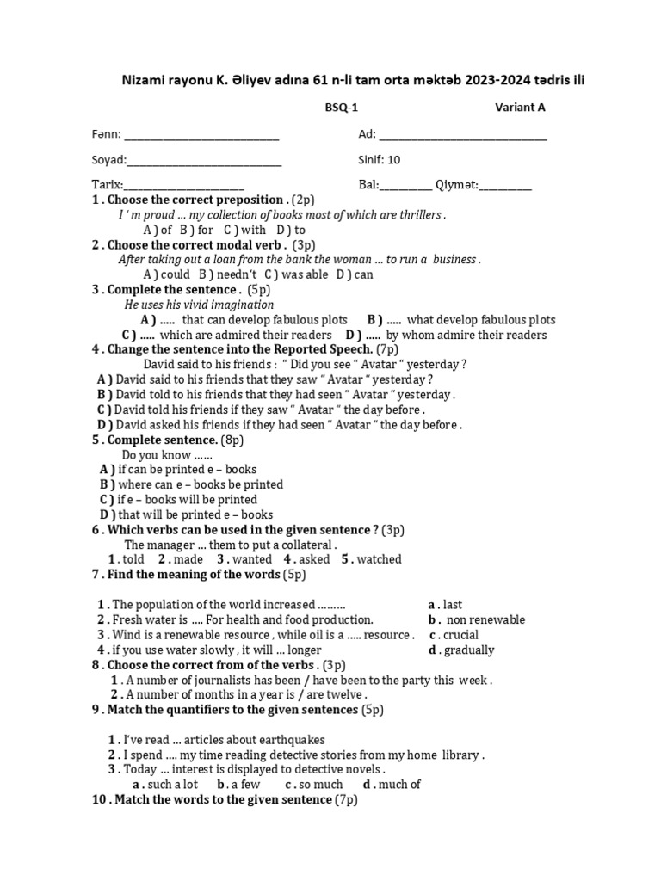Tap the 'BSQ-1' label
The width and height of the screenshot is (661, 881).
pos(339,108)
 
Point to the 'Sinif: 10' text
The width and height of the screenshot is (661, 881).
pos(379,160)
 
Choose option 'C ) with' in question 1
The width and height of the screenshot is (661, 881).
pos(245,230)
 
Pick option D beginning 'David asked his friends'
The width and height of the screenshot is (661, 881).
pos(280,424)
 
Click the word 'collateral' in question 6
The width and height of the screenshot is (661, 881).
pos(304,545)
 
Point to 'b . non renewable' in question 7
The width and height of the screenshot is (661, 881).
pos(477,619)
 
